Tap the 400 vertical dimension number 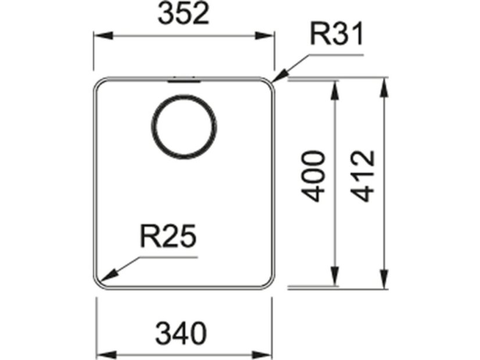(x=314, y=176)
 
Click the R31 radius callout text (x=336, y=36)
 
